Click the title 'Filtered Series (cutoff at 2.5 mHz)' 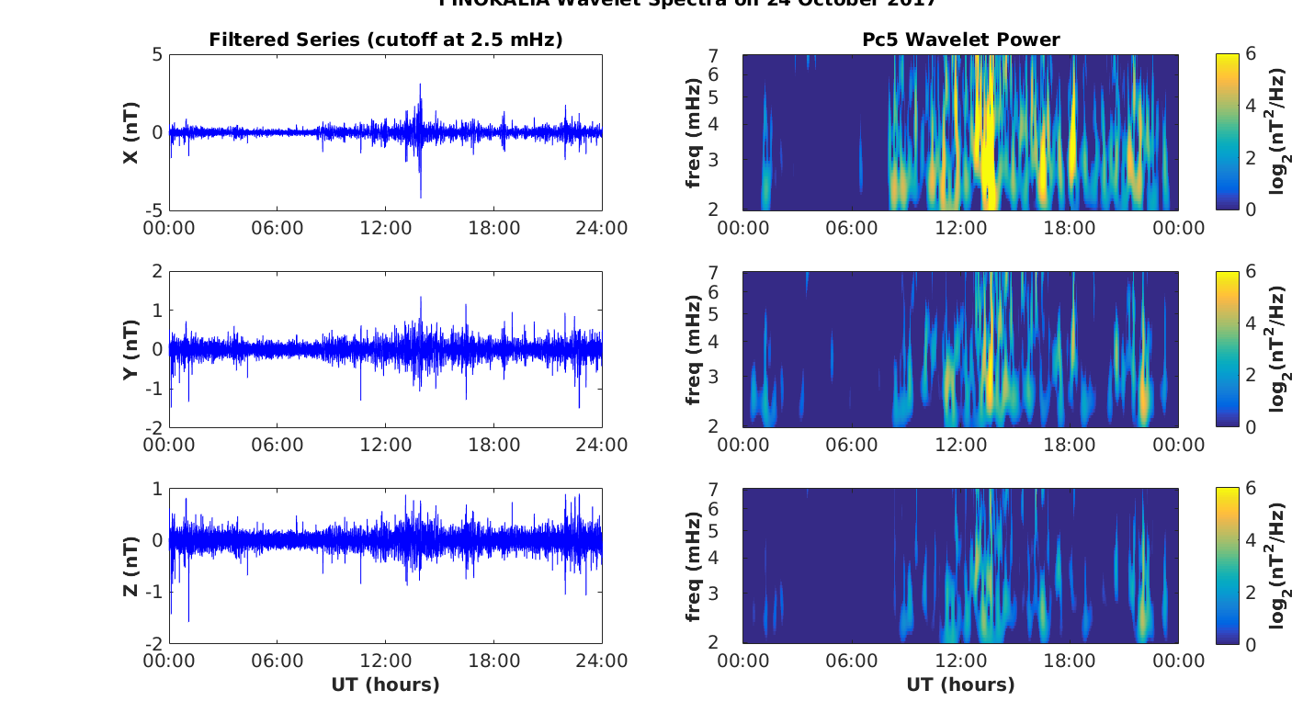coord(385,40)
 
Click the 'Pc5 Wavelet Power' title coord(960,40)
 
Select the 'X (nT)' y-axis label coord(131,133)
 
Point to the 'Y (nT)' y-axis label coord(131,349)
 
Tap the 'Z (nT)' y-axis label coord(131,566)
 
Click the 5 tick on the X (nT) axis coord(157,55)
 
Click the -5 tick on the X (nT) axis coord(153,211)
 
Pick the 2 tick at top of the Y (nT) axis coord(157,272)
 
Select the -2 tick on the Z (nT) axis coord(153,643)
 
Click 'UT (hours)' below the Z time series coord(385,685)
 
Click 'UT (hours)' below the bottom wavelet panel coord(960,685)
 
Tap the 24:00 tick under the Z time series coord(602,662)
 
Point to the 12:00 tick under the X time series coord(386,228)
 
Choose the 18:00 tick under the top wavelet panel coord(1070,228)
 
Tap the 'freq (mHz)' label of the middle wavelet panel coord(694,349)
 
